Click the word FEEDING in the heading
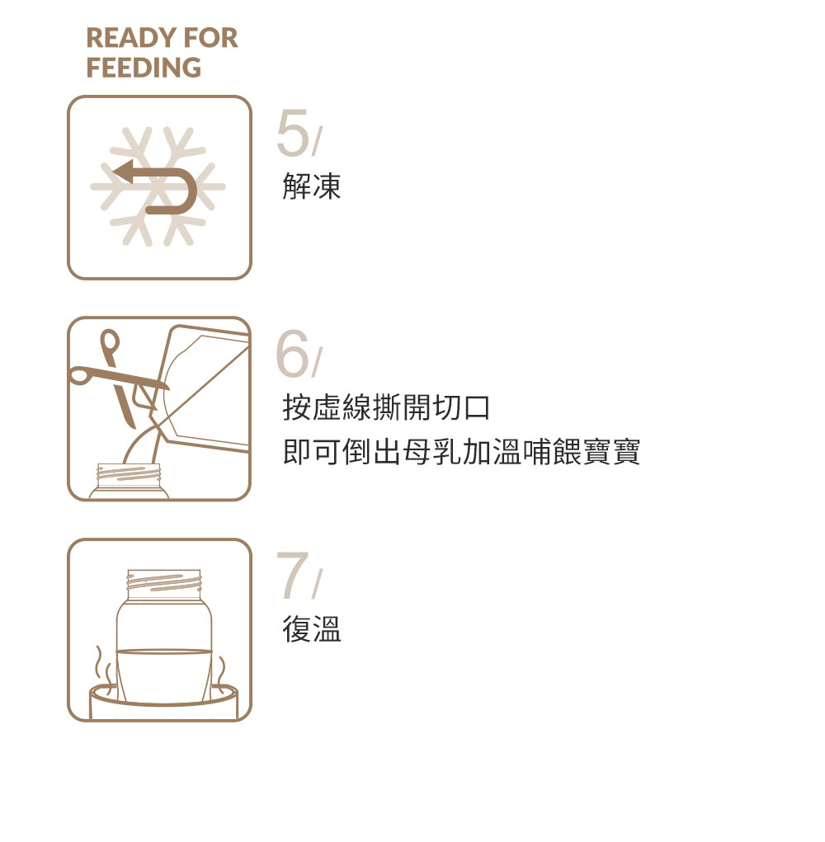(144, 68)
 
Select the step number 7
(292, 576)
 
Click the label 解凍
(312, 187)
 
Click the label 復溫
(312, 629)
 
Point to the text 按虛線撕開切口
(386, 407)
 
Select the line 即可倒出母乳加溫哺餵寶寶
(461, 452)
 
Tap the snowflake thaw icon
(158, 187)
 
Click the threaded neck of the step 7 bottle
(163, 581)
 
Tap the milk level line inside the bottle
(163, 651)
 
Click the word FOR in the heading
(211, 38)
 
